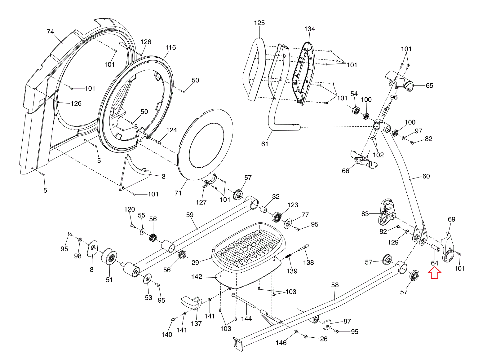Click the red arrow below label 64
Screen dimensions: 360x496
pyautogui.click(x=435, y=273)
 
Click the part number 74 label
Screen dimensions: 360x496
pyautogui.click(x=50, y=32)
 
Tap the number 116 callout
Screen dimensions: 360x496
pyautogui.click(x=170, y=47)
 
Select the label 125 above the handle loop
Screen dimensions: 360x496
pyautogui.click(x=259, y=23)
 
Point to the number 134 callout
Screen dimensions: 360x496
pyautogui.click(x=309, y=29)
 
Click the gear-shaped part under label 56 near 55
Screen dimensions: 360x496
pyautogui.click(x=153, y=238)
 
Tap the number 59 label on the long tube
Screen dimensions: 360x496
pyautogui.click(x=190, y=215)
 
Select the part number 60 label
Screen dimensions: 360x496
pyautogui.click(x=426, y=176)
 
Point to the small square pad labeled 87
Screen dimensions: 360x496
pyautogui.click(x=328, y=325)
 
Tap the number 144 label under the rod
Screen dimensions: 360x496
pyautogui.click(x=246, y=318)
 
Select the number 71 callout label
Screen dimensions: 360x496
pyautogui.click(x=178, y=193)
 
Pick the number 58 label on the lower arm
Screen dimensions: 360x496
pyautogui.click(x=335, y=285)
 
